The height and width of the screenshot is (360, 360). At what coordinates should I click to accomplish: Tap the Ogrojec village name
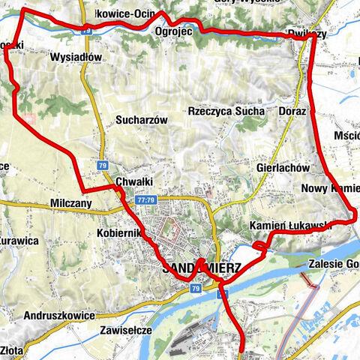point(174,32)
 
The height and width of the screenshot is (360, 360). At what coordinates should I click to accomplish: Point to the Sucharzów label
point(140,119)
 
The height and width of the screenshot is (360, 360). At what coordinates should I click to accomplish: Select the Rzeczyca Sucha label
point(226,111)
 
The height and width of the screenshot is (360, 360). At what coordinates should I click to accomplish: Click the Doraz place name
point(292,111)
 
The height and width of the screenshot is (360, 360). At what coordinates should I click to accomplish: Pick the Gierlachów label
point(283,169)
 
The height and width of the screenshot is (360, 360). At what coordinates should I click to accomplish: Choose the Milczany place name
point(72,203)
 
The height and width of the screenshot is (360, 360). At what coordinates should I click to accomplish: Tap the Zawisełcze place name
point(126,329)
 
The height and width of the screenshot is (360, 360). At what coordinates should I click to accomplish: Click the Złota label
point(12,349)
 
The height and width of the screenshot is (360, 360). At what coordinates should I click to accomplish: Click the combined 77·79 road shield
point(145,200)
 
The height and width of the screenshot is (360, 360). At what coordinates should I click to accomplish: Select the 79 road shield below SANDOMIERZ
point(195,289)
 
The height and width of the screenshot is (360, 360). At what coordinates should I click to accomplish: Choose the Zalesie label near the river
point(334,264)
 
